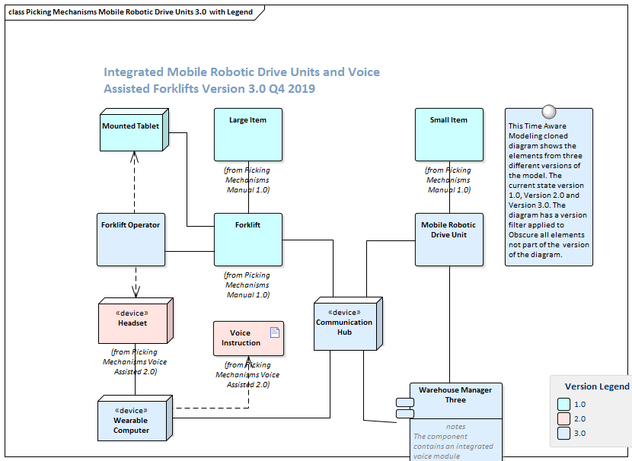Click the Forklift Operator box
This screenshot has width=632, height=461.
pyautogui.click(x=130, y=239)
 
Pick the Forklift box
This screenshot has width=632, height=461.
pyautogui.click(x=247, y=239)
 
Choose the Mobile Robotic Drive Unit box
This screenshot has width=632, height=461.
pyautogui.click(x=448, y=239)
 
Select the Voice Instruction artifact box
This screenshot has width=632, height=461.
pyautogui.click(x=248, y=339)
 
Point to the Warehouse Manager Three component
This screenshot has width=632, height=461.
pyautogui.click(x=455, y=400)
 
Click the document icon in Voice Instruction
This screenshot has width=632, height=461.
pyautogui.click(x=275, y=331)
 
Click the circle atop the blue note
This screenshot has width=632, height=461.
pyautogui.click(x=548, y=112)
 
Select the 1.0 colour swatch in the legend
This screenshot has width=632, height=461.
pyautogui.click(x=563, y=405)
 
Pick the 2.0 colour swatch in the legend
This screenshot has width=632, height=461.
pyautogui.click(x=563, y=419)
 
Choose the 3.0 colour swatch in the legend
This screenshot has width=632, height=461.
pyautogui.click(x=563, y=434)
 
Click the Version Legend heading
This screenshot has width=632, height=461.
pyautogui.click(x=596, y=386)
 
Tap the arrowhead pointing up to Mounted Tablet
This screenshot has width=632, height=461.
pyautogui.click(x=134, y=156)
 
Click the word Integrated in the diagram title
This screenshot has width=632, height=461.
pyautogui.click(x=133, y=72)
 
